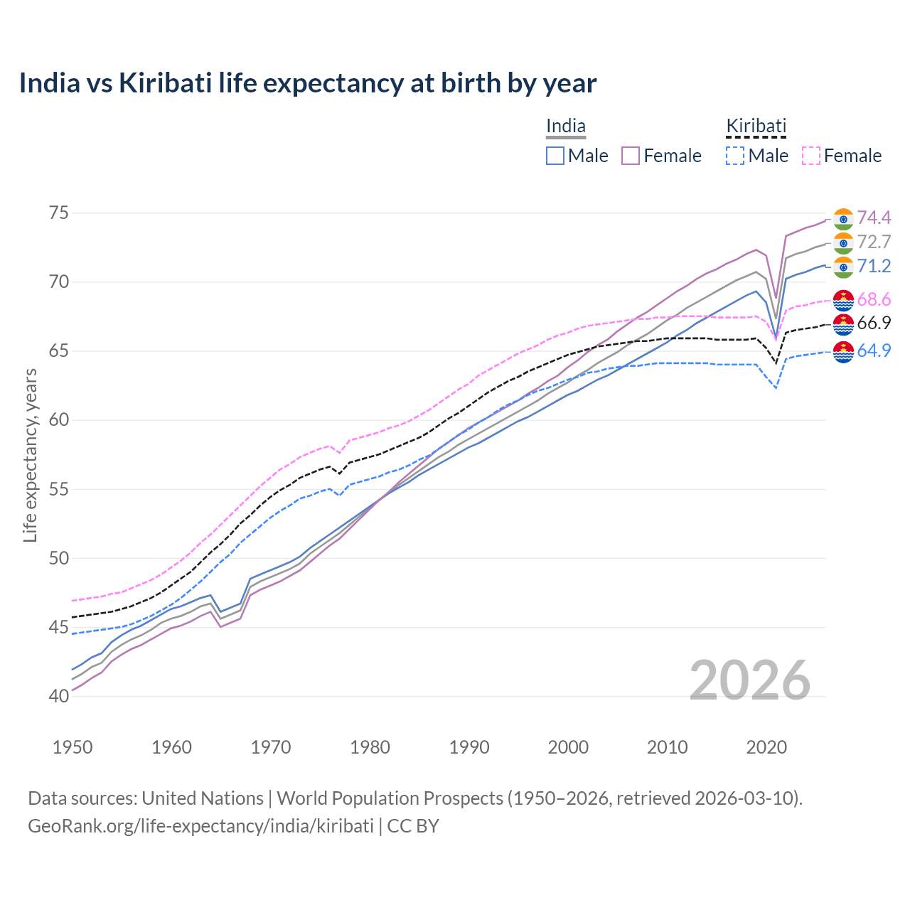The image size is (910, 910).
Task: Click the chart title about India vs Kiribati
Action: [x=307, y=83]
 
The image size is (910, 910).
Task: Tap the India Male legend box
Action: [x=555, y=156]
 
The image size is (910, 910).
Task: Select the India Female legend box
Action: [x=631, y=156]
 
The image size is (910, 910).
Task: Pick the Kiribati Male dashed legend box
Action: [x=735, y=156]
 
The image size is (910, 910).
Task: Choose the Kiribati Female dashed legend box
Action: [x=811, y=156]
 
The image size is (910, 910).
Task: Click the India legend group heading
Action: [x=566, y=127]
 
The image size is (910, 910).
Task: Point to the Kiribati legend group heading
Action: [x=756, y=127]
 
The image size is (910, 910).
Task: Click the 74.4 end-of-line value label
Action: [x=874, y=218]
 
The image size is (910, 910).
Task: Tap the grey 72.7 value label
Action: [x=874, y=242]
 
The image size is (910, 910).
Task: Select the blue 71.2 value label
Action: [x=874, y=266]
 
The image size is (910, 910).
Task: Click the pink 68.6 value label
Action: [x=874, y=299]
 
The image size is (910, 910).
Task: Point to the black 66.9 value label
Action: [x=874, y=323]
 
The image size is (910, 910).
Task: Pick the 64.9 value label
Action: [x=874, y=350]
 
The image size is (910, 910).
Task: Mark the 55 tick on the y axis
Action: [x=60, y=489]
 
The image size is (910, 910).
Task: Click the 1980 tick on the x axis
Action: [x=370, y=747]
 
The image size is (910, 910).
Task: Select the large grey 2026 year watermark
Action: [x=750, y=680]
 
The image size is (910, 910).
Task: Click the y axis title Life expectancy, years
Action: [x=30, y=455]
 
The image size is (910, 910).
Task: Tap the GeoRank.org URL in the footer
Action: [x=200, y=826]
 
